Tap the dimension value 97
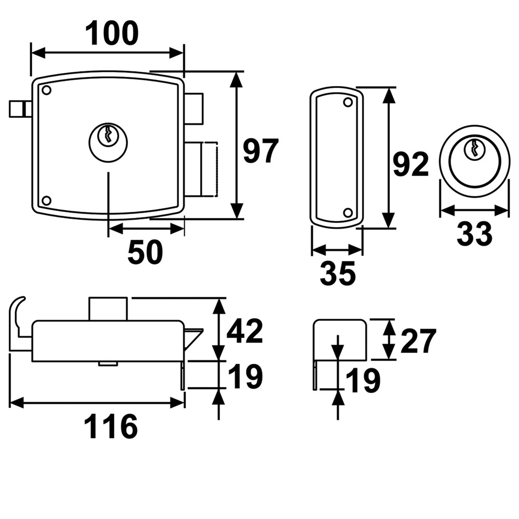coord(261,152)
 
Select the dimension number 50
coord(145,253)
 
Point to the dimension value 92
coord(410,165)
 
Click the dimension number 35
coord(337,274)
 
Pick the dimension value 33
coord(474,234)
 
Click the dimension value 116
coord(111,427)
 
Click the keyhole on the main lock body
coord(108,136)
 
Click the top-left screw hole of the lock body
coord(46,90)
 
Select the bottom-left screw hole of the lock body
coord(46,200)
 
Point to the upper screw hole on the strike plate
coord(348,103)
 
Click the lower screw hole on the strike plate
coord(348,212)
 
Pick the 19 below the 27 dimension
coord(363,381)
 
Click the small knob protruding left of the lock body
coord(19,109)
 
